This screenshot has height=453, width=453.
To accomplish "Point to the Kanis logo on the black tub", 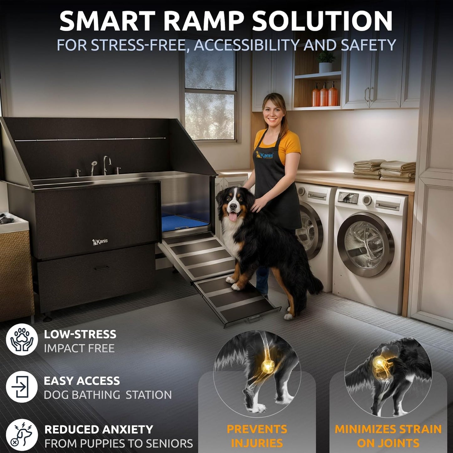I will click(100, 242).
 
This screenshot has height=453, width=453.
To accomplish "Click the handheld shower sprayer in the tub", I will click(93, 166).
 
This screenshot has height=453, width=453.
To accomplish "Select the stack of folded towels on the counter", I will click(384, 171).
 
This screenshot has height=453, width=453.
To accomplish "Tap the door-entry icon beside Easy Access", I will click(22, 387).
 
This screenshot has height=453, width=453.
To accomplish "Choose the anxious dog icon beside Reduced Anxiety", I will click(22, 435).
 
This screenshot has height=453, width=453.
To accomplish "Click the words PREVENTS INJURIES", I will click(257, 436).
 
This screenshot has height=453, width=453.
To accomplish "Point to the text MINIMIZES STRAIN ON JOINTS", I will click(388, 436).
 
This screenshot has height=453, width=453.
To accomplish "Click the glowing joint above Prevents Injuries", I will click(268, 365).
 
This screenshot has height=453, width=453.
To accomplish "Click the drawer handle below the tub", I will click(102, 268).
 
